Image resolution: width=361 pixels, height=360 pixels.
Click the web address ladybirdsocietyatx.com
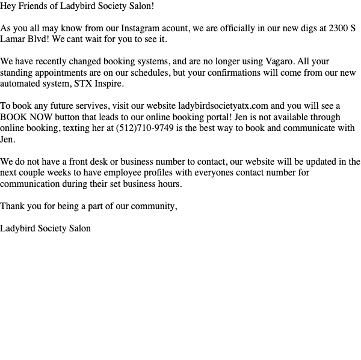(x=223, y=106)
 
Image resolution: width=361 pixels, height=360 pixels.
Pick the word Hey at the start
(x=8, y=6)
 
